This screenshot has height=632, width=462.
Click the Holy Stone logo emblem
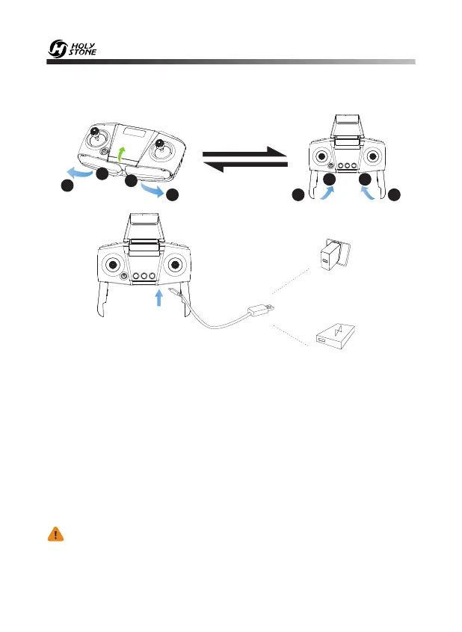pos(58,50)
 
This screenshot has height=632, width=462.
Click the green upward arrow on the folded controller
pos(123,156)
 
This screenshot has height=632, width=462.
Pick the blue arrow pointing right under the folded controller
pos(155,191)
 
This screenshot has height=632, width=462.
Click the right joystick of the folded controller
pos(160,147)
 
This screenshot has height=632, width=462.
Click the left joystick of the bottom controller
pos(113,265)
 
